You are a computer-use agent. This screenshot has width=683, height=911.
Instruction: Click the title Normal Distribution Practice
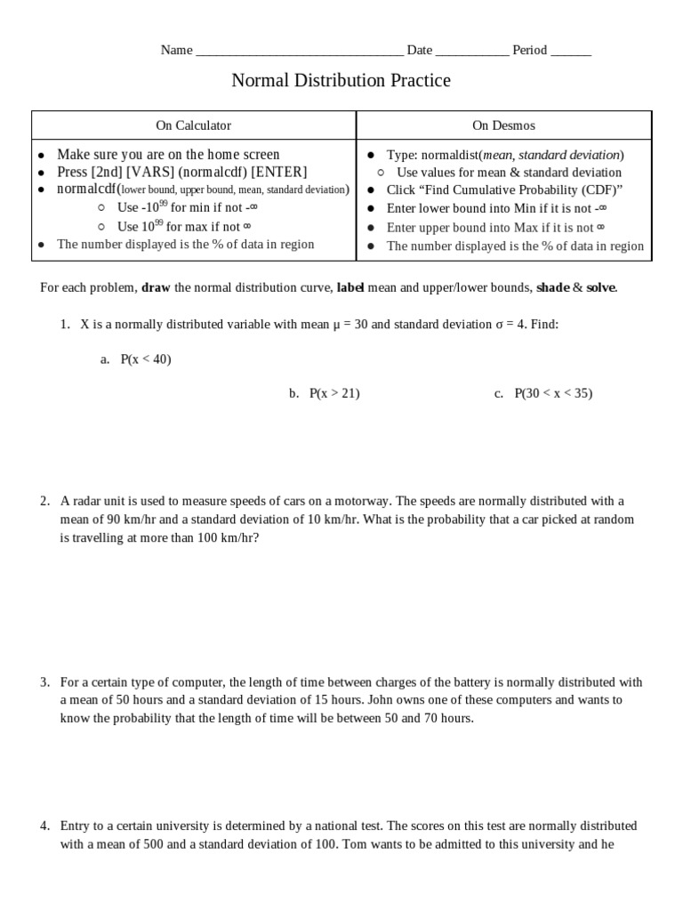(341, 81)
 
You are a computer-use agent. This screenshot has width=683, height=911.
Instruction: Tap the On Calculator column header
(193, 125)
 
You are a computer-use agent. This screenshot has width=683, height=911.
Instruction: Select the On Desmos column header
(503, 125)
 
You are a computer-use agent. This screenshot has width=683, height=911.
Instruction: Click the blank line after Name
(299, 52)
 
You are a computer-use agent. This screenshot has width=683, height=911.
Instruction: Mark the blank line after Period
(571, 52)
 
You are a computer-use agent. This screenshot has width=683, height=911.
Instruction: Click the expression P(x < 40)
(146, 359)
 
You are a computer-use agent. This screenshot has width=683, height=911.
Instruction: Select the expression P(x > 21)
(334, 393)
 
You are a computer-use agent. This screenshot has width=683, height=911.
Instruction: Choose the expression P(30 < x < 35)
(552, 393)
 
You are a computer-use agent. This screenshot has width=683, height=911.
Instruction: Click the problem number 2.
(44, 501)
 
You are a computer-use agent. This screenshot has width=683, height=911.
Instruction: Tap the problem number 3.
(44, 682)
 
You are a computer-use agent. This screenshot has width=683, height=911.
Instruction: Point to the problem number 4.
(44, 826)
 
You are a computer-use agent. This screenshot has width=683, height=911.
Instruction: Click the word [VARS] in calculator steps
(150, 172)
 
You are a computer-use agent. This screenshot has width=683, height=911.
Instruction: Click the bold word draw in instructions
(156, 287)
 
